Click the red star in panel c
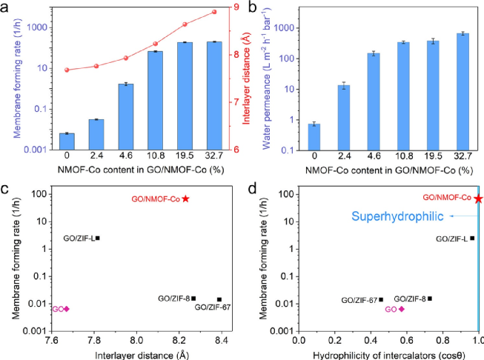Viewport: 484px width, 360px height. [185, 199]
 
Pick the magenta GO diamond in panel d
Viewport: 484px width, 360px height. [402, 309]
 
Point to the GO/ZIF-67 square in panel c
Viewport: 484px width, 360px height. [219, 299]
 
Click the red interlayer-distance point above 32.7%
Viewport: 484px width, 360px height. [214, 12]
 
